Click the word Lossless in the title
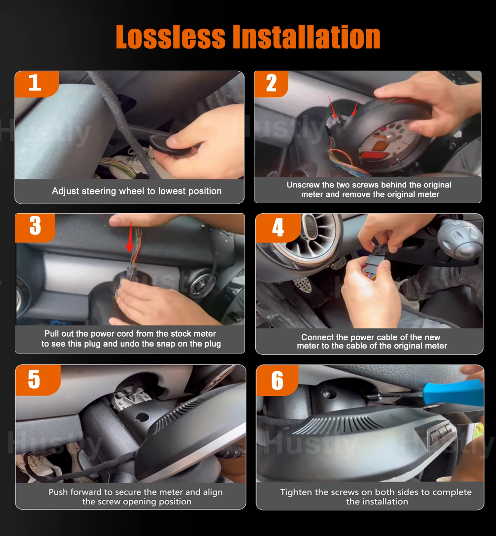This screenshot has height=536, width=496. pos(170,37)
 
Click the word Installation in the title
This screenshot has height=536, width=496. pos(307,37)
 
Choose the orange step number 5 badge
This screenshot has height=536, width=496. pos(34,380)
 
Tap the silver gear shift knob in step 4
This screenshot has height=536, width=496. pos(459,238)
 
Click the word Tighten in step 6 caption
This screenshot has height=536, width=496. pos(296,492)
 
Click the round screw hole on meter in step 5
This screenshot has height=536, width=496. pos(142,417)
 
